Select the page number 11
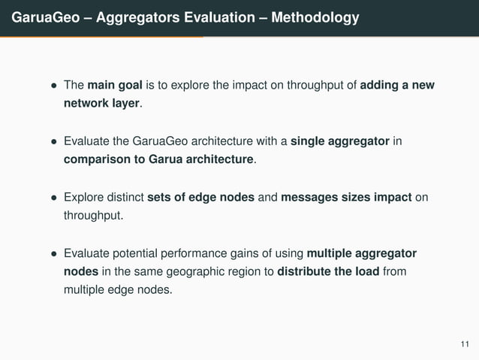click(x=464, y=344)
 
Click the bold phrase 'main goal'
click(x=113, y=85)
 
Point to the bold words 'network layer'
click(x=101, y=103)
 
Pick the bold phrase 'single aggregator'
click(x=341, y=141)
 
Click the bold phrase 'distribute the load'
click(x=328, y=271)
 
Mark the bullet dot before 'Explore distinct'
click(x=53, y=198)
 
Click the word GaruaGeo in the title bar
click(x=40, y=17)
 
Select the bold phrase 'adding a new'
click(x=397, y=85)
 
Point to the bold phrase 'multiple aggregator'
click(x=362, y=253)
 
